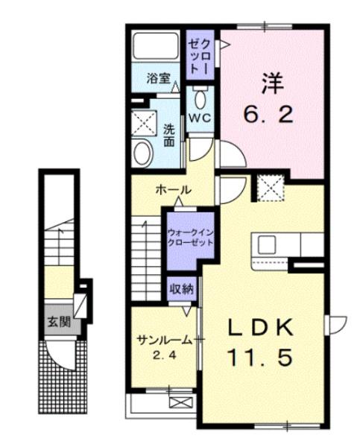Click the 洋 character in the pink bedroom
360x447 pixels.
pos(271,80)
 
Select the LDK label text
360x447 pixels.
pos(262,328)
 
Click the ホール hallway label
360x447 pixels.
pos(171,191)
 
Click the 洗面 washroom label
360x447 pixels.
pos(169,134)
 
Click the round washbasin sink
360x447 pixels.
pos(142,153)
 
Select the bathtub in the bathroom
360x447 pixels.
pos(154,48)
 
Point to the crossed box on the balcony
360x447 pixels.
pos(180,403)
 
